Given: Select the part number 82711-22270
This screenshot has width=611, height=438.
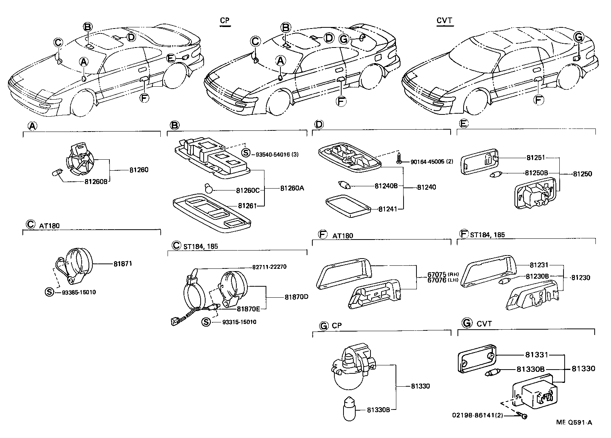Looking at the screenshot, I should click(269, 267).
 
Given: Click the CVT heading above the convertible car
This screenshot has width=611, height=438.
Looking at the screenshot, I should click(444, 21).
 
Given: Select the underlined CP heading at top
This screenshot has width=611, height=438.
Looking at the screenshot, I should click(225, 21).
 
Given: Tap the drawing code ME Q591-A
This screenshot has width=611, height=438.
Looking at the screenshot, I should click(574, 422).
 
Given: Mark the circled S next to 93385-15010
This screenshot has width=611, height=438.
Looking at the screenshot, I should click(49, 292).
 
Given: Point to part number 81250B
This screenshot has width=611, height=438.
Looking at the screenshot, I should click(536, 173).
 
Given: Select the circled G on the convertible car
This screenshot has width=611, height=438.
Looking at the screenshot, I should click(578, 37).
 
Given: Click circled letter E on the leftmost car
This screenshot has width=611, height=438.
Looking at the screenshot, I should click(171, 58).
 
